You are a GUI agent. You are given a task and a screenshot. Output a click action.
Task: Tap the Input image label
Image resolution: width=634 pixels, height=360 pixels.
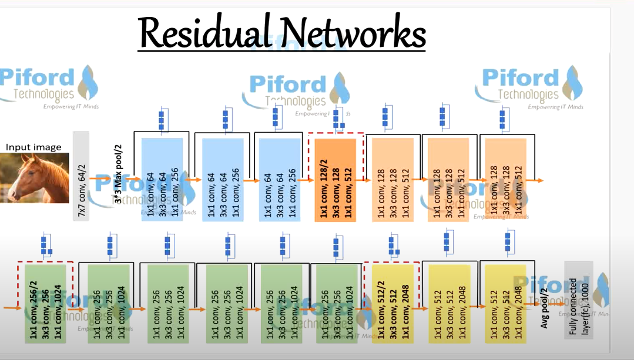pos(33,147)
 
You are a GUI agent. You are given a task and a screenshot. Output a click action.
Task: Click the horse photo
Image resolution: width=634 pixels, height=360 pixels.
pos(35,178)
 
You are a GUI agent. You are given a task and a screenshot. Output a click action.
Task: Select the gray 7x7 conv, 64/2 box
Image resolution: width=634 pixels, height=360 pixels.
pos(81,176)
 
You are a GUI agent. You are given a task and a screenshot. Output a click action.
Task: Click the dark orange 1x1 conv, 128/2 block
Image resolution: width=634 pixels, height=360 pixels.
pos(336,179)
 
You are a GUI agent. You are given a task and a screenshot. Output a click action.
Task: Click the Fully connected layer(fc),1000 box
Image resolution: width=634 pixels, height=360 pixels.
pos(578,300)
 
